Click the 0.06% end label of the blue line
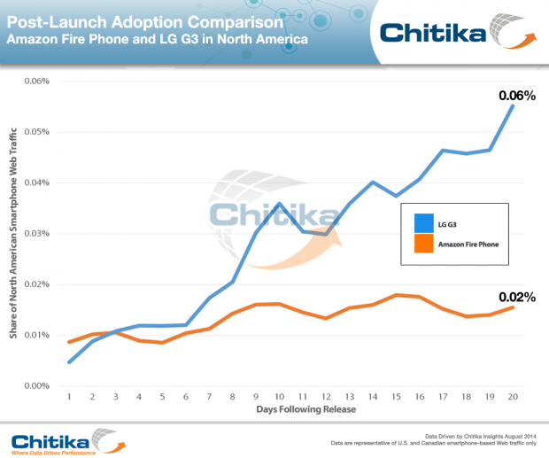click(516, 94)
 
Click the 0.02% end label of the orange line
click(516, 297)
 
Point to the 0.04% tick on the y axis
click(37, 182)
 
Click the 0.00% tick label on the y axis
click(37, 386)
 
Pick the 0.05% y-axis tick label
click(37, 132)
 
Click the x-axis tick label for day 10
click(279, 398)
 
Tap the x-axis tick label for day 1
click(70, 398)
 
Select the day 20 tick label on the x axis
click(511, 398)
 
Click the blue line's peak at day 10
click(279, 204)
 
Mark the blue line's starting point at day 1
click(70, 361)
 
